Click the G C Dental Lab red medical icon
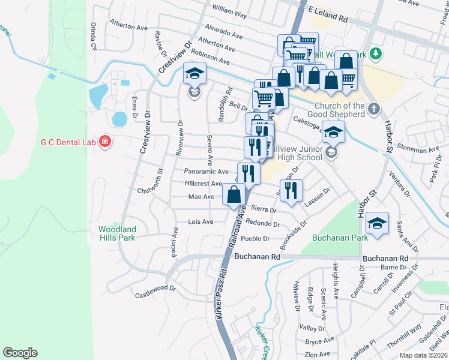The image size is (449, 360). (x=106, y=142)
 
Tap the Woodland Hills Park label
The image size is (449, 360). (x=118, y=233)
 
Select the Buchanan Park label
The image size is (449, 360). (x=334, y=238)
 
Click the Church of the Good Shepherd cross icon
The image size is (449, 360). (x=374, y=109)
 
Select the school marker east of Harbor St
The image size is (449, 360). (x=377, y=223)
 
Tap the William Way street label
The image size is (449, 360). (x=230, y=11)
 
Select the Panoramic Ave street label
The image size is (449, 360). (x=206, y=171)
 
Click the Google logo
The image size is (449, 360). (x=20, y=353)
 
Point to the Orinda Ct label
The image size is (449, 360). (x=93, y=37)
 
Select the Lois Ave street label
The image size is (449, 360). (x=201, y=221)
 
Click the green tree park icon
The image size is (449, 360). (x=376, y=54)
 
